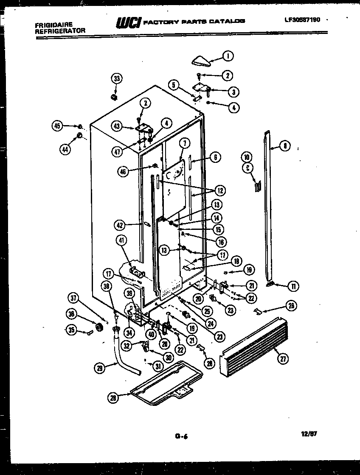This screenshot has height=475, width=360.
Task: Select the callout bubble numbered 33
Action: point(116,78)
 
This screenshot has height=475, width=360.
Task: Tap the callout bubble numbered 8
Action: point(285,146)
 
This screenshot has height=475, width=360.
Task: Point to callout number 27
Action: point(282,358)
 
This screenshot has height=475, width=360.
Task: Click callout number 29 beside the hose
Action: point(100,369)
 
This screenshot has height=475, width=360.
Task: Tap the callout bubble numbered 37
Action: point(75,299)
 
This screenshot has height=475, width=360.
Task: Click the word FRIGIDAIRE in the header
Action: point(53,25)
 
